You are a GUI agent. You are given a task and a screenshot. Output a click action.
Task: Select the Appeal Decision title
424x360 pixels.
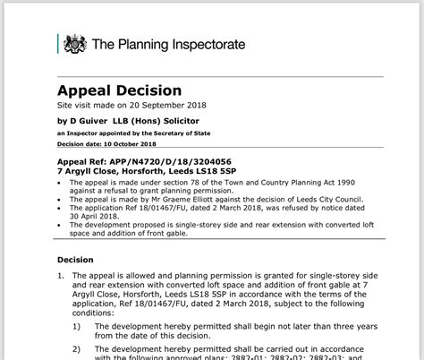pos(120,90)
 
